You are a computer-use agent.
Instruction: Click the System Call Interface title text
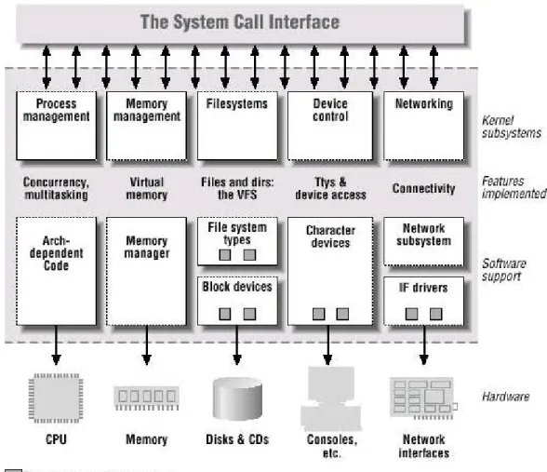click(240, 21)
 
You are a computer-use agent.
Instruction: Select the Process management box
click(57, 126)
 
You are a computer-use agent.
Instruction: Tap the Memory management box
click(147, 126)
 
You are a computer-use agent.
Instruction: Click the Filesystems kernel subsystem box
click(237, 126)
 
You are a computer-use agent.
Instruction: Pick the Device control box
click(330, 126)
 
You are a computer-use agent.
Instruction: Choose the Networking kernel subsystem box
click(424, 126)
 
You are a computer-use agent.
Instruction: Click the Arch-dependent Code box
click(57, 271)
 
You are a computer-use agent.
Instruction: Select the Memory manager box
click(147, 271)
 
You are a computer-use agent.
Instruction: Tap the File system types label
click(237, 234)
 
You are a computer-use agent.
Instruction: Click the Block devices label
click(237, 287)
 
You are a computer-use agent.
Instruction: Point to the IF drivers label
click(423, 288)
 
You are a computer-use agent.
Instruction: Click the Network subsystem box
click(424, 241)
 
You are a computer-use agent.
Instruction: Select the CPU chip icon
click(56, 398)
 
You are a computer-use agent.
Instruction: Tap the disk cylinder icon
click(237, 398)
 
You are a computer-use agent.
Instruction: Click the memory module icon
click(147, 398)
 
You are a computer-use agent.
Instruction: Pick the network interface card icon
click(422, 398)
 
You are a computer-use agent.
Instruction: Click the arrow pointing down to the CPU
click(56, 345)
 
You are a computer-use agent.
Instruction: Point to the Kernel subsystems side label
click(512, 127)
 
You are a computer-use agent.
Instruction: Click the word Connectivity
click(423, 188)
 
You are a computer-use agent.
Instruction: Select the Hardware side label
click(505, 397)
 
